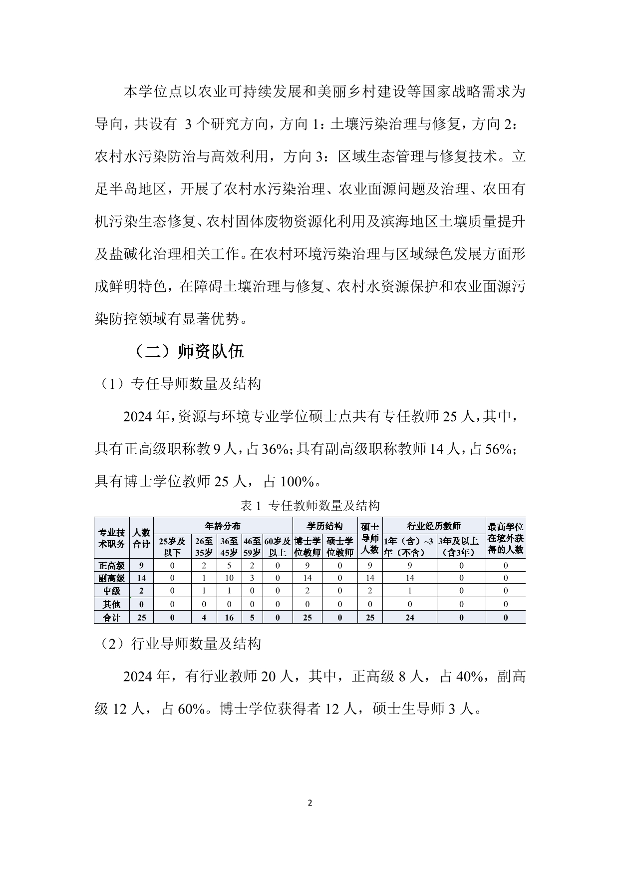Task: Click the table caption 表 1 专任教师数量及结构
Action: coord(309,506)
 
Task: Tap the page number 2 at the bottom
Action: coord(309,804)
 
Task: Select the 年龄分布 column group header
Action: coord(223,526)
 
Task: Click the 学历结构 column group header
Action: coord(324,526)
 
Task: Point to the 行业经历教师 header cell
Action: coord(434,526)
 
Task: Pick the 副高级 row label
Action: coord(112,578)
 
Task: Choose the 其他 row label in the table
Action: coord(112,604)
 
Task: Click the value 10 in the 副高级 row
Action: coord(230,578)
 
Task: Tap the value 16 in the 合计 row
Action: coord(230,618)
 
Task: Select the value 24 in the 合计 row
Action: coord(409,618)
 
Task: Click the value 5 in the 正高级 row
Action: coord(230,566)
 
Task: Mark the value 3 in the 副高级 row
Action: coord(252,578)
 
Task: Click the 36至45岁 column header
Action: coord(230,547)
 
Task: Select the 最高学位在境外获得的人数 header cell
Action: coord(505,538)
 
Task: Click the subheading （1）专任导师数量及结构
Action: coord(178,384)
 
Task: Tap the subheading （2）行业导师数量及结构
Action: coord(178,644)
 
